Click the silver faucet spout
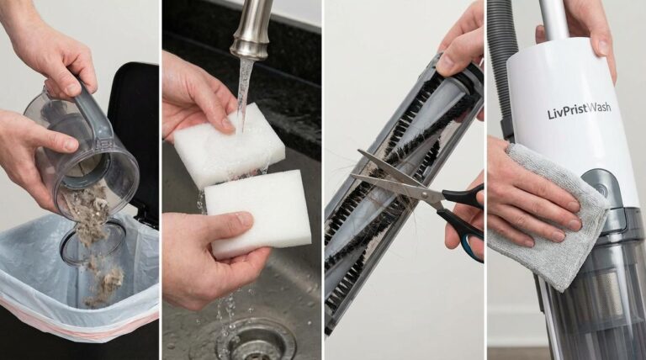click(250, 29)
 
